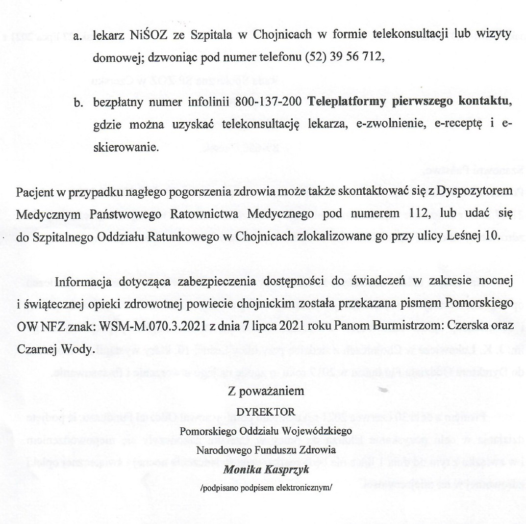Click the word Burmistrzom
coord(406,325)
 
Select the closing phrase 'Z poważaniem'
coord(266,392)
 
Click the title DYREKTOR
coord(266,412)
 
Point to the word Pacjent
coord(32,190)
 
